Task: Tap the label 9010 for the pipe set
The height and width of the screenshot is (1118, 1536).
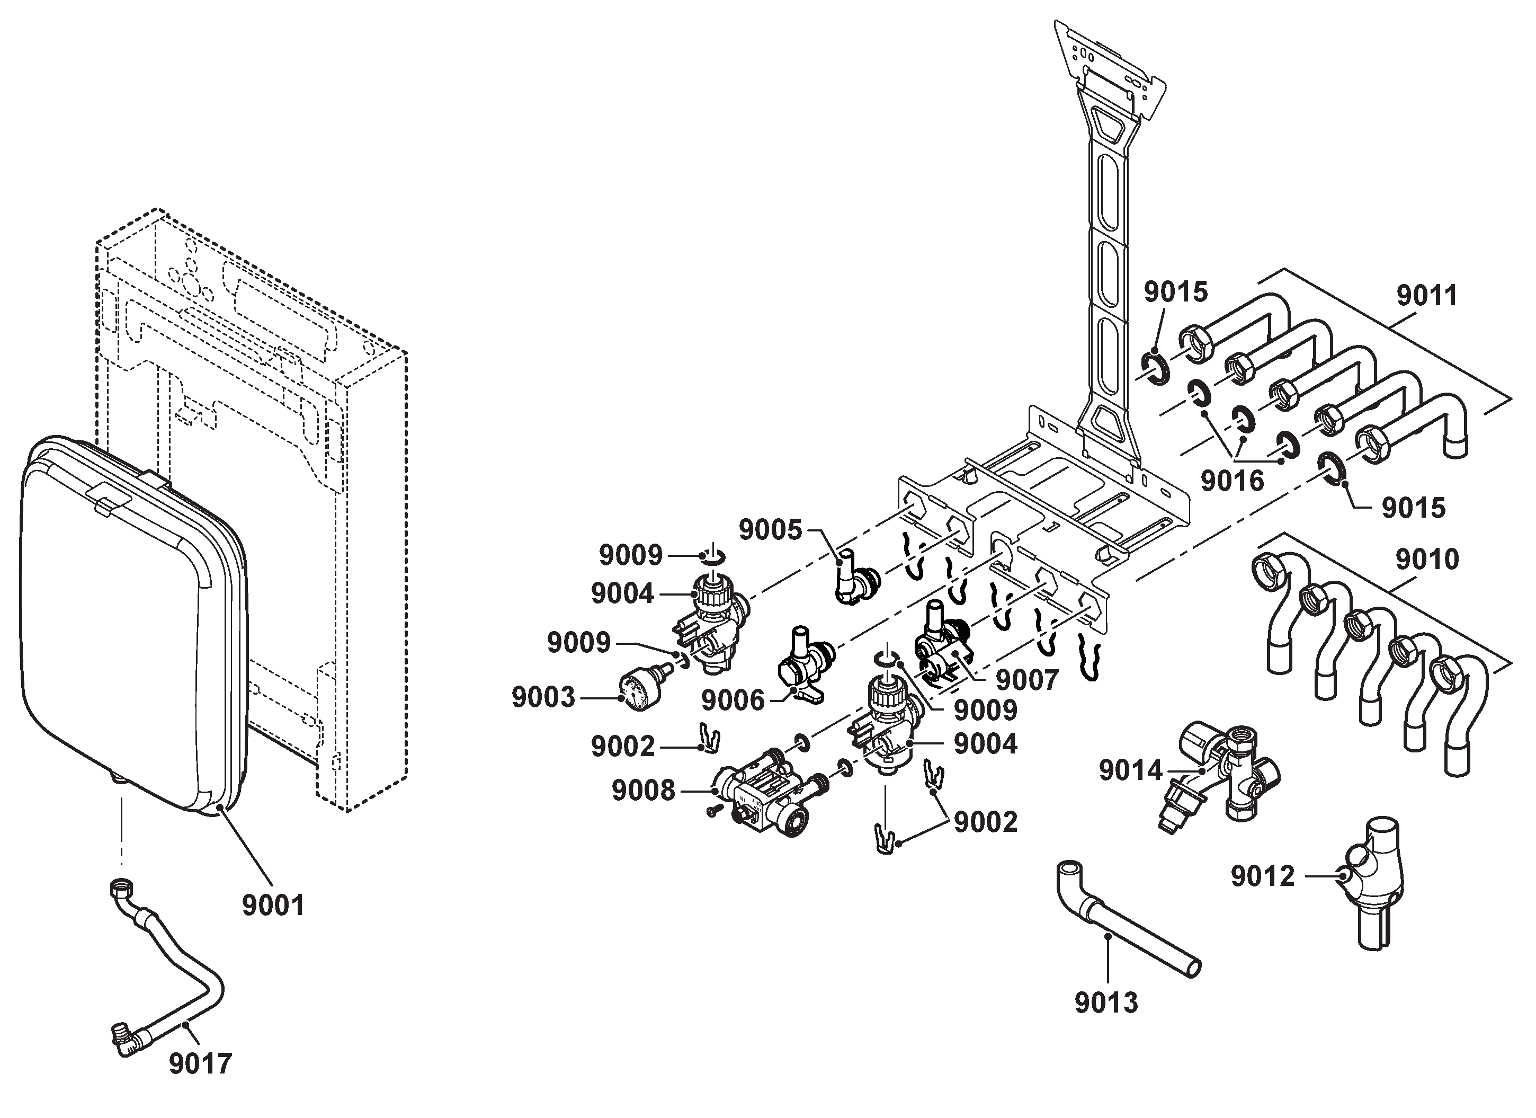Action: tap(1427, 560)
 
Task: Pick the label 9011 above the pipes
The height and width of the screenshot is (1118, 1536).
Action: tap(1427, 296)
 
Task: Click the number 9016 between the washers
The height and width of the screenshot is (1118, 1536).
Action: tap(1233, 481)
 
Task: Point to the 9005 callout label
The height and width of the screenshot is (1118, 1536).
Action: tap(770, 530)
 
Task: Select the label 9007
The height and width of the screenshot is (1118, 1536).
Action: tap(1026, 680)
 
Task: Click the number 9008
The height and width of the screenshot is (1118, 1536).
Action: tap(644, 791)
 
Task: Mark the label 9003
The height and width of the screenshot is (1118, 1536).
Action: tap(543, 697)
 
